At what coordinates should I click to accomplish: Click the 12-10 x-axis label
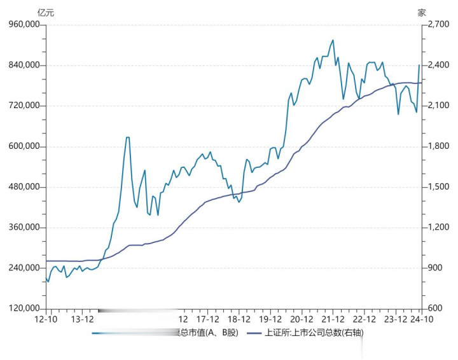pyautogui.click(x=46, y=319)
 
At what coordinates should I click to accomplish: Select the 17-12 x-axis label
pyautogui.click(x=208, y=319)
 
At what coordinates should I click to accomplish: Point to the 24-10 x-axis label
pyautogui.click(x=422, y=319)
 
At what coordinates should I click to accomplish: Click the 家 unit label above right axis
pyautogui.click(x=422, y=12)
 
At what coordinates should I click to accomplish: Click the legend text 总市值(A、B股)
pyautogui.click(x=202, y=333)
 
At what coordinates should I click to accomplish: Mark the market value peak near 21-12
pyautogui.click(x=332, y=40)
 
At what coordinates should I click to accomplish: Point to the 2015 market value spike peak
pyautogui.click(x=128, y=137)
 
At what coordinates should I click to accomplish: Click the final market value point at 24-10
pyautogui.click(x=419, y=65)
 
